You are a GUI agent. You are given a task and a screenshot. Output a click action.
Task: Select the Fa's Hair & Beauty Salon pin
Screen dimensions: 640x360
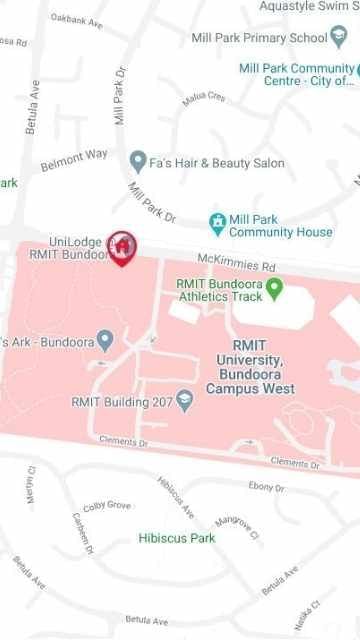(x=138, y=162)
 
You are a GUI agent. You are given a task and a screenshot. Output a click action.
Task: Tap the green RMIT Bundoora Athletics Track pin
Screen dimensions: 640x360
(x=275, y=290)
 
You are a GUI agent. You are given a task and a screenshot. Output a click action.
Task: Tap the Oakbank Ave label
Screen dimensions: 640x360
(x=76, y=20)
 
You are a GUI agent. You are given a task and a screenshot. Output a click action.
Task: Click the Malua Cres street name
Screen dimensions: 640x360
(x=204, y=98)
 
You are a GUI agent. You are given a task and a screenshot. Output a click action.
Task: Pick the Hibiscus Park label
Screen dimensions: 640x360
(x=177, y=538)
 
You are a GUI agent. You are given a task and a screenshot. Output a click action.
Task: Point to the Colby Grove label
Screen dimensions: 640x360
(x=107, y=506)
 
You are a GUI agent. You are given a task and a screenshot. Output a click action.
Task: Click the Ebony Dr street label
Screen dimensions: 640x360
(x=266, y=486)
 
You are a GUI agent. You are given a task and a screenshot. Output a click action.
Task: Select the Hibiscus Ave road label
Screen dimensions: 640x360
(x=176, y=497)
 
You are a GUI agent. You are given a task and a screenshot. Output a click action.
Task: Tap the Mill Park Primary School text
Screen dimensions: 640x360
(x=259, y=38)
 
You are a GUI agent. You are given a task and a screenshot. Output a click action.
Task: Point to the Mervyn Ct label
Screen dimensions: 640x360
(x=29, y=483)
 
